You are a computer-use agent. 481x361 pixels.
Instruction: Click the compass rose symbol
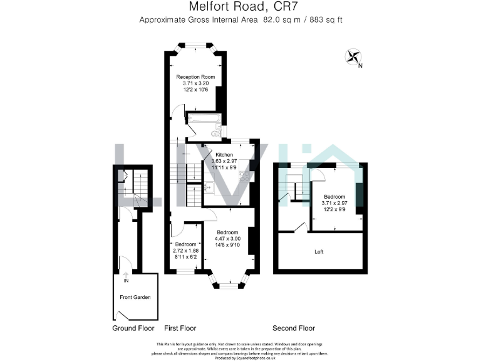coord(353,58)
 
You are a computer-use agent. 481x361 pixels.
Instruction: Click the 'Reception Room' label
coord(195,77)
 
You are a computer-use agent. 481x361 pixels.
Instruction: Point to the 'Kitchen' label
coord(224,155)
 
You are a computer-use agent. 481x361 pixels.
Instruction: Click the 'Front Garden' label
coord(135,297)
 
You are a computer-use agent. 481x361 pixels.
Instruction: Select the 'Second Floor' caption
coord(294,328)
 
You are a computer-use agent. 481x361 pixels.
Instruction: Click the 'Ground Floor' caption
coord(133,328)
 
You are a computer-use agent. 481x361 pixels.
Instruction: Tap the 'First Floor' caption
coord(180,328)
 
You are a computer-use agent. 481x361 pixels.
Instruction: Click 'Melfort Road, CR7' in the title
coord(240,8)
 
